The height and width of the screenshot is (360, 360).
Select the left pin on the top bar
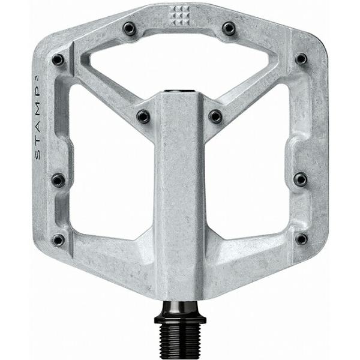tap(129, 28)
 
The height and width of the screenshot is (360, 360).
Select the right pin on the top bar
tap(229, 28)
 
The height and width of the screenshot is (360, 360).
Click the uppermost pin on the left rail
tap(58, 59)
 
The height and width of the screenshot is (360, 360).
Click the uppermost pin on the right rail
tap(301, 59)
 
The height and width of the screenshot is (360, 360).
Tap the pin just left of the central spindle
tap(143, 116)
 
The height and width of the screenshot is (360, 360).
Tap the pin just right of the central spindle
tap(215, 116)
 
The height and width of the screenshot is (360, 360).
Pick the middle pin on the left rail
tap(58, 179)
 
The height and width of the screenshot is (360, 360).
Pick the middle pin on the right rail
tap(300, 179)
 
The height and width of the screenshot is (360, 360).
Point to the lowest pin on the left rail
tap(58, 239)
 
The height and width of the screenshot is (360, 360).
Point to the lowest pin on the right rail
tap(301, 239)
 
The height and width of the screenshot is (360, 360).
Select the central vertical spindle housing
tap(180, 198)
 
